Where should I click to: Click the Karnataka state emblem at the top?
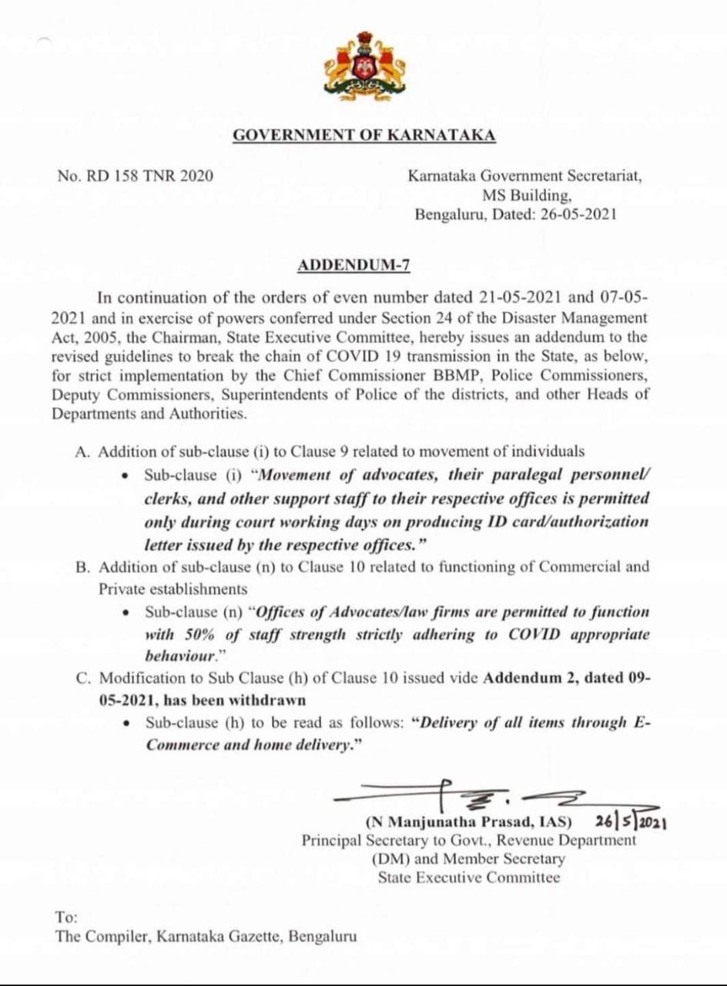[x=364, y=67]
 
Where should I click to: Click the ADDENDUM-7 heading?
[x=353, y=267]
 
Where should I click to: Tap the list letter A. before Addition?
[x=82, y=452]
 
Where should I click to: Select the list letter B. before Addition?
[x=82, y=567]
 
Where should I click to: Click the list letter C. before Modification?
[x=82, y=679]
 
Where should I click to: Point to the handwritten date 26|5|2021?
[x=631, y=821]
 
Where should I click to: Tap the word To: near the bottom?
[x=66, y=917]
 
